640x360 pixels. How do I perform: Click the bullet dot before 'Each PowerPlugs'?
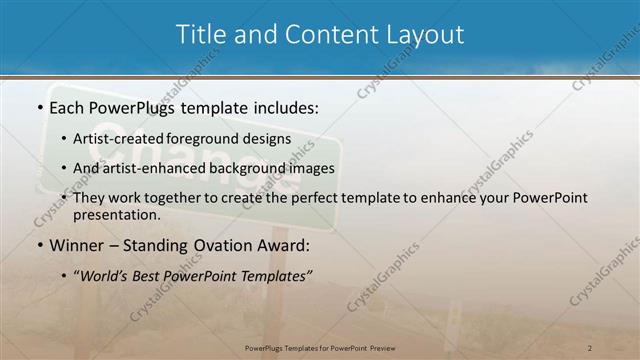(x=38, y=106)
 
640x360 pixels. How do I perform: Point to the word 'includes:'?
(x=284, y=106)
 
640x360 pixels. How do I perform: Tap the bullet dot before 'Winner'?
(x=38, y=246)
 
